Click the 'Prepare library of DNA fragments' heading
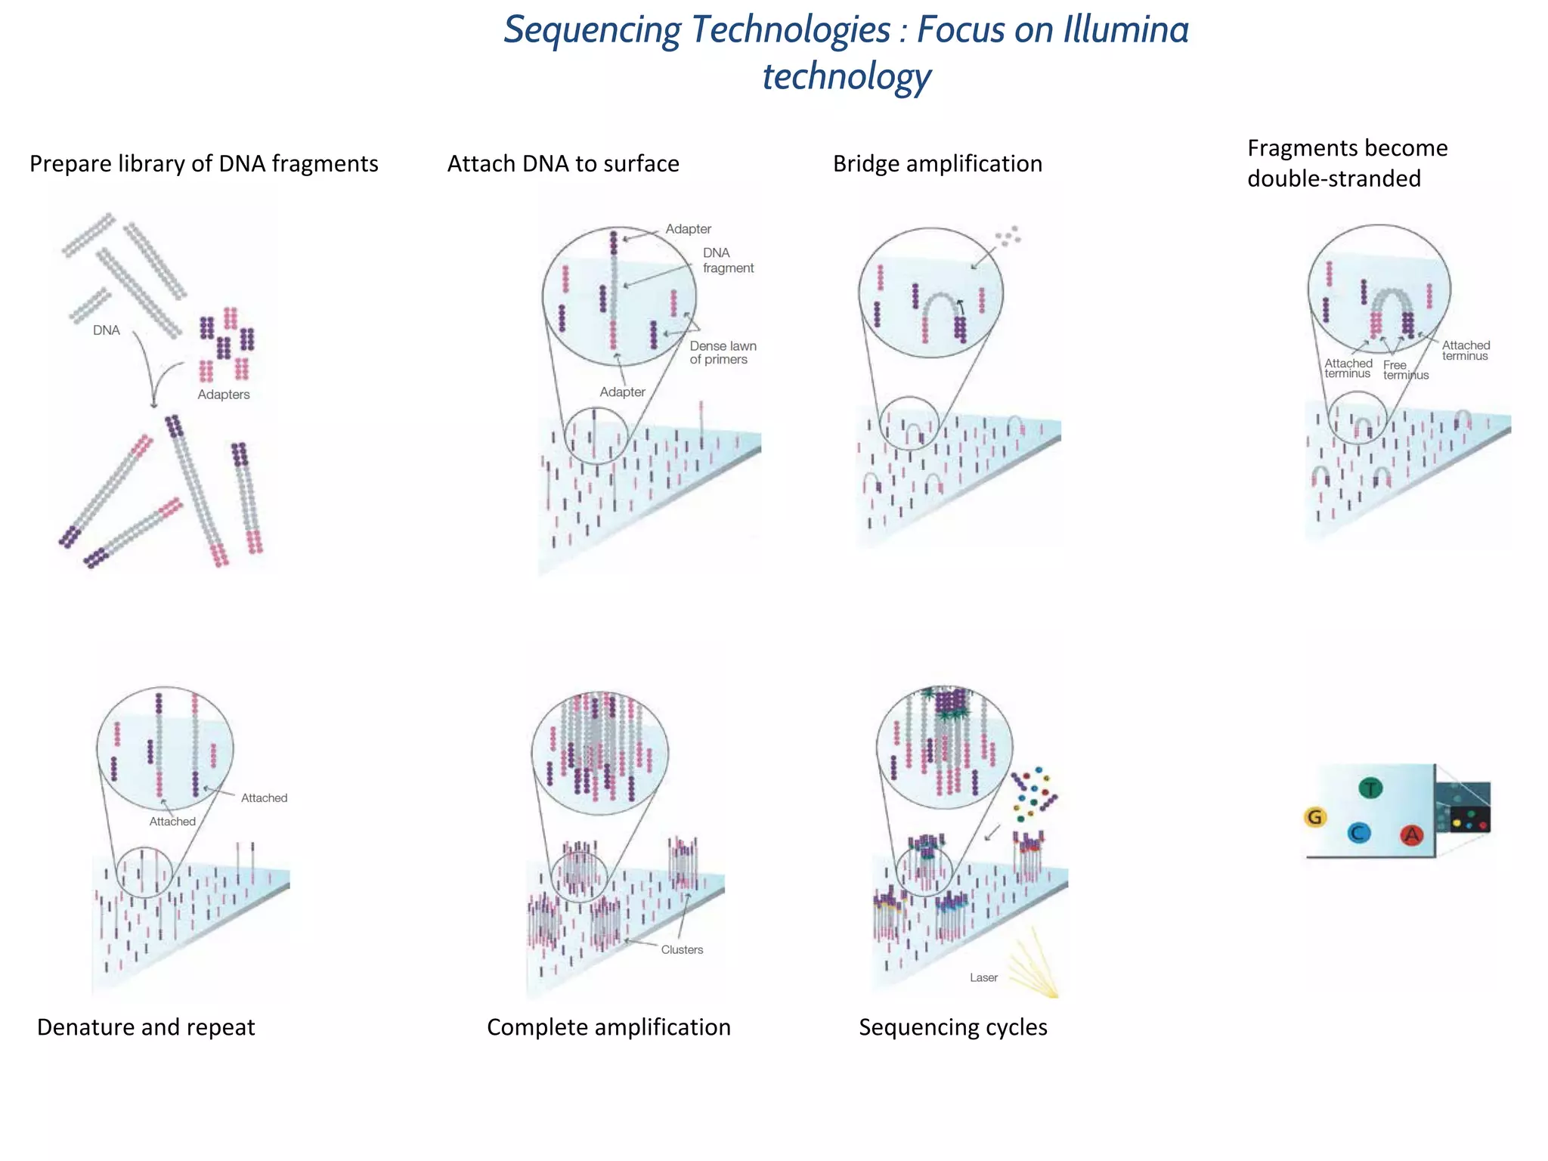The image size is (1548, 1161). [203, 164]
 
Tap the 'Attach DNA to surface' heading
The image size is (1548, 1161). [563, 164]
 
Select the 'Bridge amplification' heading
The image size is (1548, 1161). [937, 164]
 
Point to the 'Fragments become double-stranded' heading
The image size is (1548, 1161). [1347, 163]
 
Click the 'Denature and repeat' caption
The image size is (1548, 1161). [146, 1027]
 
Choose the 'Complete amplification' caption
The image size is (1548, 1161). [608, 1027]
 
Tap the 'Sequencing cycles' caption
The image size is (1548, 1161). [952, 1027]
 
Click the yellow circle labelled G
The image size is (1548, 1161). [1315, 817]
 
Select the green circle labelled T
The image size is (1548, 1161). [1370, 788]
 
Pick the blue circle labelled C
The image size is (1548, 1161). [1359, 833]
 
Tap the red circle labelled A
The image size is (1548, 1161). [1411, 834]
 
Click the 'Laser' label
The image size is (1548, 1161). [983, 978]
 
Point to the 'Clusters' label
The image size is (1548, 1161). [682, 950]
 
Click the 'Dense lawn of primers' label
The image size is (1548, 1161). [723, 353]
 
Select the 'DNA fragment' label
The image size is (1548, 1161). [727, 261]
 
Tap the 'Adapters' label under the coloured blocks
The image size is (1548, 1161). [223, 395]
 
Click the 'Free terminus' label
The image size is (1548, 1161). [1405, 370]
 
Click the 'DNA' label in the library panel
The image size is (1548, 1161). [107, 330]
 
